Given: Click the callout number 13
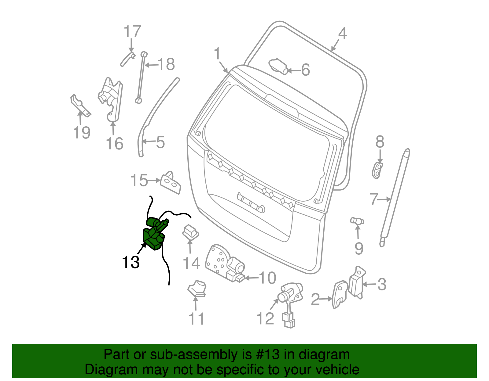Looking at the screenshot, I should click(x=131, y=262).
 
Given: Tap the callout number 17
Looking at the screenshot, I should click(x=132, y=32).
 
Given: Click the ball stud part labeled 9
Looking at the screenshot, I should click(x=357, y=221).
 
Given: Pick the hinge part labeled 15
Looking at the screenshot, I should click(x=170, y=183).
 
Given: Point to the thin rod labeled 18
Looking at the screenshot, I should click(x=141, y=78).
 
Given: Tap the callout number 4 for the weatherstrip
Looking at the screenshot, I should click(x=342, y=34).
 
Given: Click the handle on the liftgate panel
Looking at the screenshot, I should click(x=251, y=203).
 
